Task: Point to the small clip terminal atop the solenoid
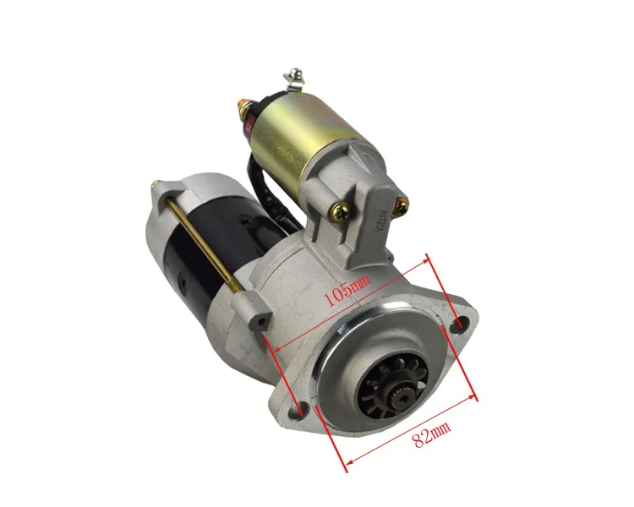(293, 77)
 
